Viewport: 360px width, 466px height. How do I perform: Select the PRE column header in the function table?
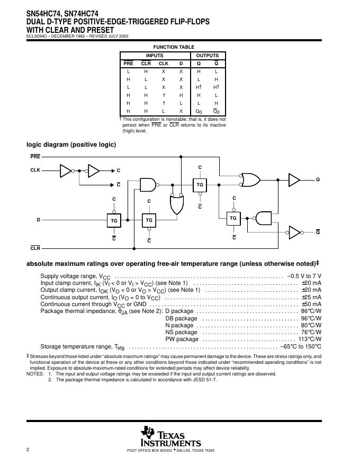click(x=129, y=64)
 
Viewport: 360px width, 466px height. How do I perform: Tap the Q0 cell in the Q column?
click(x=199, y=112)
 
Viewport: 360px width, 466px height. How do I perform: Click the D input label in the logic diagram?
click(x=38, y=219)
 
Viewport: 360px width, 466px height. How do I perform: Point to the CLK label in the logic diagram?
click(x=35, y=171)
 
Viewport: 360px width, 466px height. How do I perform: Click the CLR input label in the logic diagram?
click(x=35, y=248)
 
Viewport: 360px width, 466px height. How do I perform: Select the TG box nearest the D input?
click(x=113, y=219)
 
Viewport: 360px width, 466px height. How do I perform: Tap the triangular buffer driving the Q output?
click(x=294, y=180)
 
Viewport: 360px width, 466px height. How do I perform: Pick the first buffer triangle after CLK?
click(x=66, y=171)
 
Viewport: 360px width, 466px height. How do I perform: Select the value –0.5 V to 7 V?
click(x=304, y=276)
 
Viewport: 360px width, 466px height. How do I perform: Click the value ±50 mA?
click(x=311, y=304)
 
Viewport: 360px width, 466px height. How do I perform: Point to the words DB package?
click(x=181, y=319)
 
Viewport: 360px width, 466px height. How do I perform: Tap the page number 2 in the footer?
click(x=28, y=450)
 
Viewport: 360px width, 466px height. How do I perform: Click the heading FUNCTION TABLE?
click(x=174, y=47)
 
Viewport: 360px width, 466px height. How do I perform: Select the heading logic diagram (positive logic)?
click(x=71, y=145)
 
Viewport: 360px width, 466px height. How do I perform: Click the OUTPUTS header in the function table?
click(x=208, y=56)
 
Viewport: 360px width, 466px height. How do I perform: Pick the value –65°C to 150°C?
click(x=301, y=347)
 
